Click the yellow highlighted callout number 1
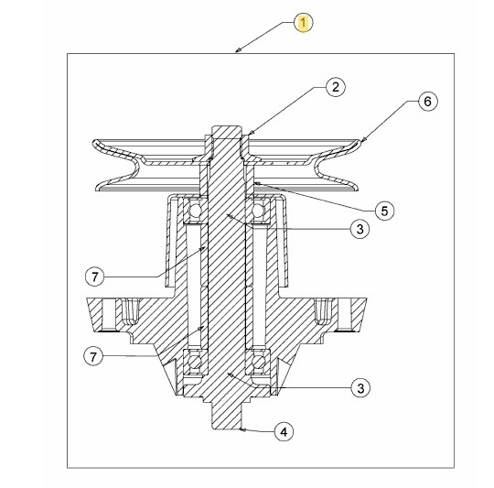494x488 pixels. (303, 23)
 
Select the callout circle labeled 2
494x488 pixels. (336, 87)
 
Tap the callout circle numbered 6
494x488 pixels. (427, 102)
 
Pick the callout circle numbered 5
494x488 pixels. (384, 211)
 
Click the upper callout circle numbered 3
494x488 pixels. (360, 229)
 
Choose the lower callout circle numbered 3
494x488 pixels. (360, 388)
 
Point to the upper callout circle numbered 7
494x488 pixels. (95, 277)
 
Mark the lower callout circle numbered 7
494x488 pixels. (93, 356)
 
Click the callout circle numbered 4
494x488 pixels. (284, 431)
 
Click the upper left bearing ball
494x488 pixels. (195, 211)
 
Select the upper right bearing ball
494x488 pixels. (257, 211)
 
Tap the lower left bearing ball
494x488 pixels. (196, 362)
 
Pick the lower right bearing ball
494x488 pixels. (258, 362)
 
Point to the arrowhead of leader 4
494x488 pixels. (242, 429)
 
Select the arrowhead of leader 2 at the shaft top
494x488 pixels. (249, 134)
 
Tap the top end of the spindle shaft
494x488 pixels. (227, 126)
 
